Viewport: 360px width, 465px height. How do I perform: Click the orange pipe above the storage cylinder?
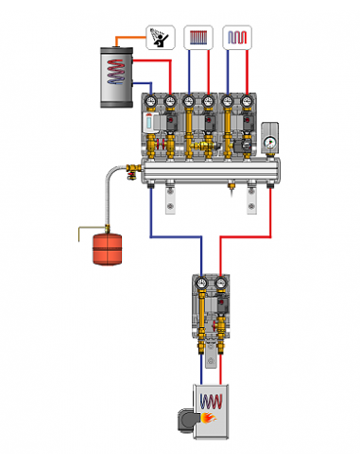(x=129, y=37)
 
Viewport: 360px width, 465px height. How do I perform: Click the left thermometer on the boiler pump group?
(x=200, y=283)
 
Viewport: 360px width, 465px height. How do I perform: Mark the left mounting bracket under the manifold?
(x=170, y=198)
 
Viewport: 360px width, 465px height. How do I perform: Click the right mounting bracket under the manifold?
(x=252, y=198)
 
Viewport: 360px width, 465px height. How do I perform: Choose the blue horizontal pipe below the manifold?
(x=175, y=237)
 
